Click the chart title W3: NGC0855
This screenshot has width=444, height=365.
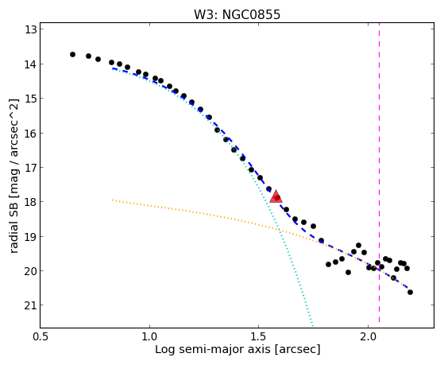point(237,15)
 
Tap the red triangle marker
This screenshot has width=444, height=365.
point(276,197)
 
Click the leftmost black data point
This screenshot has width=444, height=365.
point(72,54)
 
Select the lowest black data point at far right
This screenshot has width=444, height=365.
point(410,292)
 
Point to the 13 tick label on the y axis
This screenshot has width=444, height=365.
point(31,29)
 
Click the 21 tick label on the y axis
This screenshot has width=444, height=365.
point(31,305)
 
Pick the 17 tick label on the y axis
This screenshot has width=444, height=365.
point(31,168)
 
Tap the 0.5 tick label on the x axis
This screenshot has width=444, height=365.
point(41,337)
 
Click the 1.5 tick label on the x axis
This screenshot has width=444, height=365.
point(258,337)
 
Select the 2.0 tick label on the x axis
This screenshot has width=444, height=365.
point(368,337)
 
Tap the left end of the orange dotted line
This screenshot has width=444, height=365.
point(113,200)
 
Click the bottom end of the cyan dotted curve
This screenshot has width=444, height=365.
point(312,325)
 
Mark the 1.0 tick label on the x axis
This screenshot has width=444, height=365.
point(149,337)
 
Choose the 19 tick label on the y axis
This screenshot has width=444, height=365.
point(31,236)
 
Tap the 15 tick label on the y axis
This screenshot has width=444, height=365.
point(31,99)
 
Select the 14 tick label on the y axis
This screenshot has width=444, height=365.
point(31,64)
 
